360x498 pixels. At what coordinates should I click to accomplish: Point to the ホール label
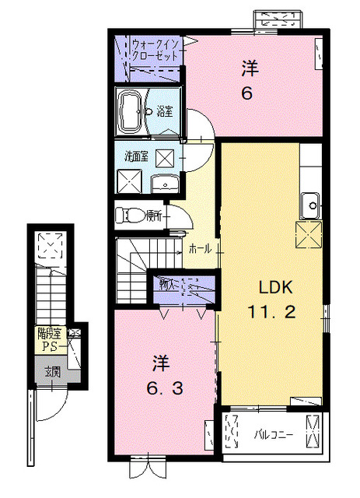tap(198, 249)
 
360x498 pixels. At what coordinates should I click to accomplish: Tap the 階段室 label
tap(49, 334)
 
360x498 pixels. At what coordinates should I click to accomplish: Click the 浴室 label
tap(164, 111)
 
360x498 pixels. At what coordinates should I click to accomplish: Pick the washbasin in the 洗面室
tap(164, 184)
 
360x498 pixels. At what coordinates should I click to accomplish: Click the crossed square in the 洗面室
tap(166, 156)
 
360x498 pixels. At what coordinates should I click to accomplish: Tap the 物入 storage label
tap(166, 284)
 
